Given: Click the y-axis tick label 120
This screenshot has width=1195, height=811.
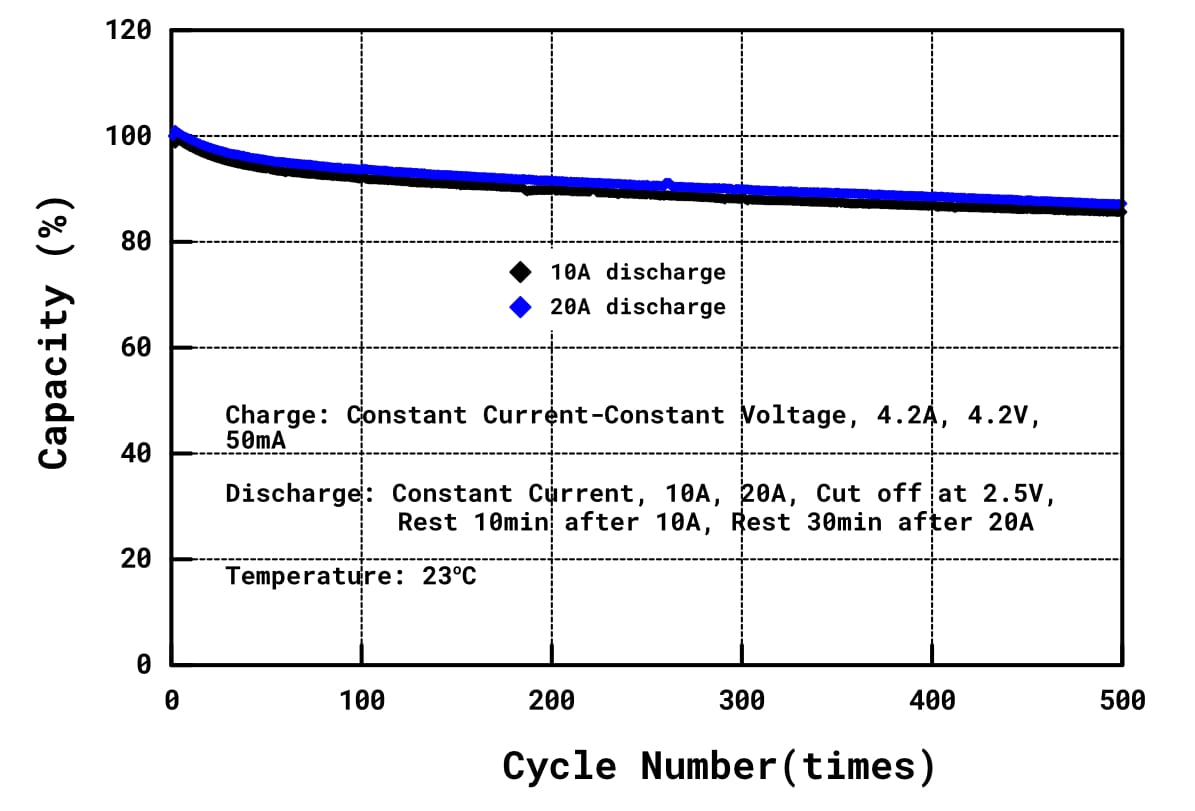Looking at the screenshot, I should (128, 31).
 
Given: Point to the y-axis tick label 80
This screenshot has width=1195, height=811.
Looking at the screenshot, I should (136, 242).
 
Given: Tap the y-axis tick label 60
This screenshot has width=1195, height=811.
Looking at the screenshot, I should (136, 348).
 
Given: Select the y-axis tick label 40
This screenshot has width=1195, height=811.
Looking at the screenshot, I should (136, 454).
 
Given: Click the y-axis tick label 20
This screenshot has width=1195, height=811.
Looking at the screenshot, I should (136, 559).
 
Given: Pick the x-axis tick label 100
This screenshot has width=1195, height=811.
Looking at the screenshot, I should (361, 701).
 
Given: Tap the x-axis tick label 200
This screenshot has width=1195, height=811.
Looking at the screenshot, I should (551, 701).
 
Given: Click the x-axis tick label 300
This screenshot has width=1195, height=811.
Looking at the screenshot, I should (741, 701).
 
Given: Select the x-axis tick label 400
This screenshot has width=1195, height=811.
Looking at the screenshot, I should (931, 701).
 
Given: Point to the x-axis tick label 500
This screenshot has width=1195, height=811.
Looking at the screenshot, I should (1121, 701).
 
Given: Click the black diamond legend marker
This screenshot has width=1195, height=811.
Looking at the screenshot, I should (520, 272).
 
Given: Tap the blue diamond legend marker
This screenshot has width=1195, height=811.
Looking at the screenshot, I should (520, 307).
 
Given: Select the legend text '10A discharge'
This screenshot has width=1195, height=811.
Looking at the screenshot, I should (638, 272).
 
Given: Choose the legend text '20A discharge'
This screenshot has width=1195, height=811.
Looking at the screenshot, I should (638, 307).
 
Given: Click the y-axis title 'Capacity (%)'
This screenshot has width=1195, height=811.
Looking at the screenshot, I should (56, 375).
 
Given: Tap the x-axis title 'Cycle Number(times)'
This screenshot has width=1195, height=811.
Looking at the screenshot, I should (719, 767).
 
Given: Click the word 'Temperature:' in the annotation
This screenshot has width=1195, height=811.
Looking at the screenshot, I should (288, 576).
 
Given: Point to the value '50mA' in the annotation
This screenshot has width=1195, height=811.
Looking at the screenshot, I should (256, 439).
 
